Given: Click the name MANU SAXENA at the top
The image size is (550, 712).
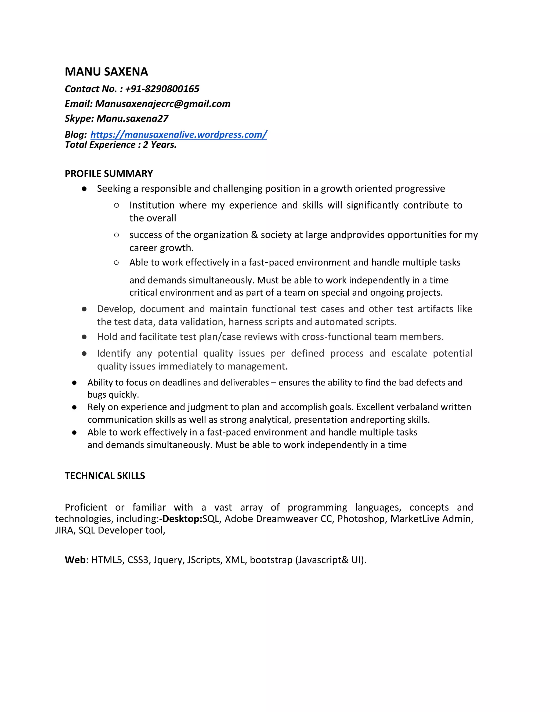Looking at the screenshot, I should point(106,72).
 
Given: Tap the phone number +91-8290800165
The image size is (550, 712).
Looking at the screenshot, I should point(162,89).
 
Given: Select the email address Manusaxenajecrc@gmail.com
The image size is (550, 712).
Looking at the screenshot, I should point(162,104).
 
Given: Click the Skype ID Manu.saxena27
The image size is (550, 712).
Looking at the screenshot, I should point(132,118).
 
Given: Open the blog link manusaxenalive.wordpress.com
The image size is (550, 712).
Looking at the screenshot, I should point(179,134).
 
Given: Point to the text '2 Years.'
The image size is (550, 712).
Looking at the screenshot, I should point(160,145).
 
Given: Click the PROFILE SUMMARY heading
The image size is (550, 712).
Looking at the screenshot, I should point(108,174).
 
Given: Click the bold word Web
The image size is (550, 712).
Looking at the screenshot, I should point(75,560).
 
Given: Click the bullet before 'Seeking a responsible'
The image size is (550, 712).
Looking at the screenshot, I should point(84,189).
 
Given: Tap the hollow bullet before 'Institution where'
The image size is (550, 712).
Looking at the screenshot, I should point(116,205).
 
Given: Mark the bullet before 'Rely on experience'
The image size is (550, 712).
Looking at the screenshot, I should point(74,407).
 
